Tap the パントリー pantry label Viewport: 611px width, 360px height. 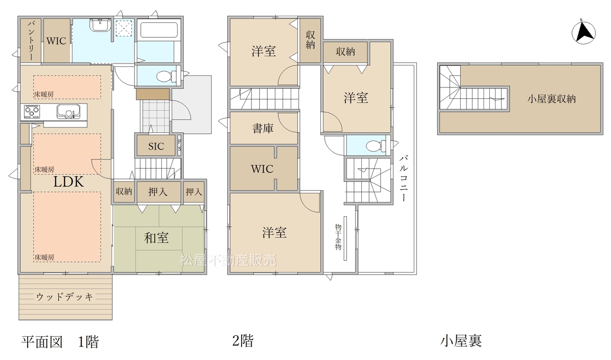point(31,41)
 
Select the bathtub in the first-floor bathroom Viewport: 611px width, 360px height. point(159,30)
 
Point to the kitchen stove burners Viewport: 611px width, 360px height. point(32,112)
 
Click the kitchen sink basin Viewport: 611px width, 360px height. point(68,112)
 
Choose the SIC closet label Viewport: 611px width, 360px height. point(156,147)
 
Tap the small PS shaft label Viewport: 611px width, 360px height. point(179,145)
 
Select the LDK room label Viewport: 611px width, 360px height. point(68,181)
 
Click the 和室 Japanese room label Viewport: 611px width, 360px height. point(156,238)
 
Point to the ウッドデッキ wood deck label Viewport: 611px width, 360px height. point(64,297)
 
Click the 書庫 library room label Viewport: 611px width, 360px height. point(263,128)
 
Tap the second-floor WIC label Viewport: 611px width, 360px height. point(262,169)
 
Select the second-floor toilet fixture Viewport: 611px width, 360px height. point(376,146)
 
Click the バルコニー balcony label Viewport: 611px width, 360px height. point(404,179)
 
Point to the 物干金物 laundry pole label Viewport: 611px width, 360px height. point(338,237)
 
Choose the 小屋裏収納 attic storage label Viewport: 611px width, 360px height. point(551,99)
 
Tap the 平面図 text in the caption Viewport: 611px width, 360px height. point(42,342)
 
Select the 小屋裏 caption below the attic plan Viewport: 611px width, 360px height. point(461,341)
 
